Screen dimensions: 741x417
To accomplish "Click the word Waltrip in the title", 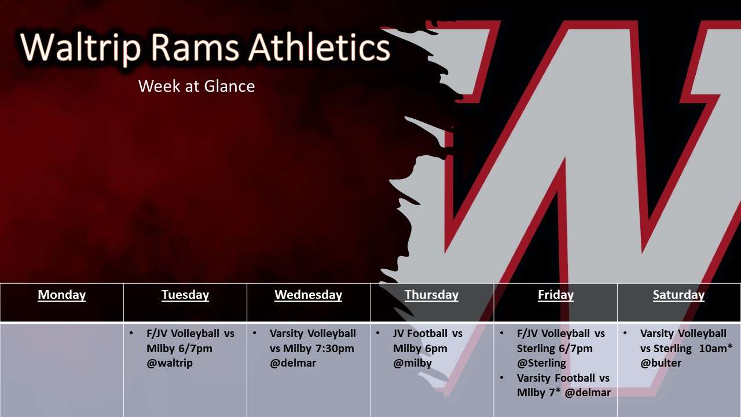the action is point(80,47).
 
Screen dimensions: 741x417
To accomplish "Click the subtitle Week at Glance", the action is point(196,86).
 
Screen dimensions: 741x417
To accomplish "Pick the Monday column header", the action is point(62,295).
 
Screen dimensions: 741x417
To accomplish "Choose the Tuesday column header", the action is point(185,295).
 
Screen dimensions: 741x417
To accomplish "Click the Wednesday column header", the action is point(309,295).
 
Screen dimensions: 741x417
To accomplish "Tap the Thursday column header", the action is point(432,295).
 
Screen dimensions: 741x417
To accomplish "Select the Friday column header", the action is point(556,295).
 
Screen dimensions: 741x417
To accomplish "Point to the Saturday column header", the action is point(679,295).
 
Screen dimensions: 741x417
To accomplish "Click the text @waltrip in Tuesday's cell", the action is point(170,363).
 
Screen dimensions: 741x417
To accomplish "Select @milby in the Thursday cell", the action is point(413,363).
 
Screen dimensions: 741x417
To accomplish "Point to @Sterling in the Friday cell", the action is point(541,363).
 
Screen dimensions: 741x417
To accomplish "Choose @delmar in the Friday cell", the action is point(588,393).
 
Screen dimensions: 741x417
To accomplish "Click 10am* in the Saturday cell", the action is point(716,348).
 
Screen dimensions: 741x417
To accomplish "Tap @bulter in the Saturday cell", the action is point(661,363).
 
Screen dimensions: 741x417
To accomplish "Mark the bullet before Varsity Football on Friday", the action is point(502,378).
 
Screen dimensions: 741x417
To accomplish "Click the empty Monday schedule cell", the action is point(61,370).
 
